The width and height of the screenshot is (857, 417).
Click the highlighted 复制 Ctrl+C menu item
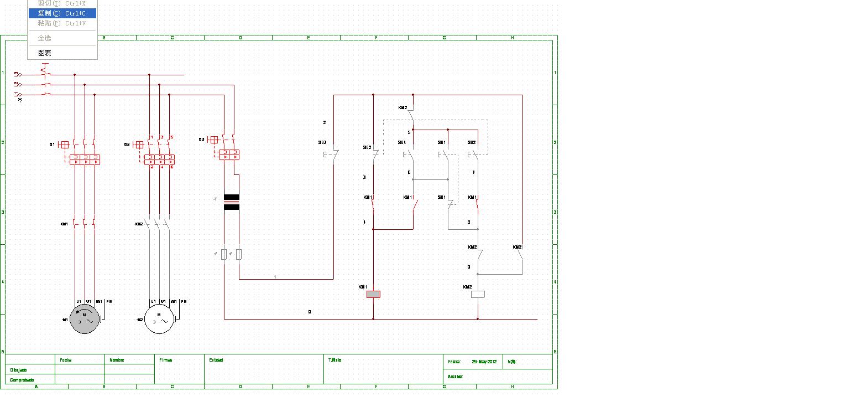click(62, 13)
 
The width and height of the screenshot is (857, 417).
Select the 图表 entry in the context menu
click(45, 53)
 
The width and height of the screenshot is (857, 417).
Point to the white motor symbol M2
click(159, 319)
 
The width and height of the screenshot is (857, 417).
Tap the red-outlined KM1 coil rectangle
click(373, 294)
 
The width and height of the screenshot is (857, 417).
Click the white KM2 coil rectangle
click(478, 294)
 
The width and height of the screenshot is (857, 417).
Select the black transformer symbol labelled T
click(231, 202)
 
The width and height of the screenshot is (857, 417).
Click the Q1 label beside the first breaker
click(52, 145)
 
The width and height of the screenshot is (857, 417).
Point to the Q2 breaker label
click(127, 145)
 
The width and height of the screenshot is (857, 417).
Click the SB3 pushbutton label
click(322, 142)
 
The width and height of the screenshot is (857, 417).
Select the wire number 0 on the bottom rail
click(310, 312)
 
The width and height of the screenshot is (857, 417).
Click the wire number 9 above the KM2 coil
click(469, 267)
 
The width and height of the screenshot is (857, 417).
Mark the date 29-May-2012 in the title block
click(484, 362)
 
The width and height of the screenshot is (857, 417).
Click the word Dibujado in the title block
click(18, 370)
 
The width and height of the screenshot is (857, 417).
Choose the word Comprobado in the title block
click(22, 380)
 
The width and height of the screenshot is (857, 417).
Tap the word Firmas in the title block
click(165, 360)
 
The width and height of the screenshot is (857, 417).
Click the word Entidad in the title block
click(216, 360)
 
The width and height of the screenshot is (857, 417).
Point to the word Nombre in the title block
click(117, 360)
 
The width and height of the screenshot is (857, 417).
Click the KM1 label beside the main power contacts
click(64, 224)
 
